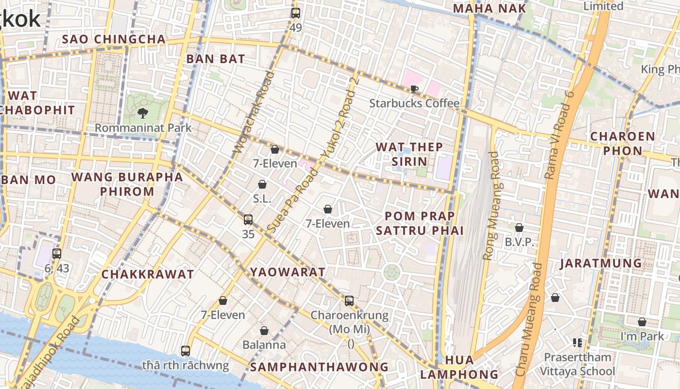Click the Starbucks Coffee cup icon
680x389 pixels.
coord(414,89)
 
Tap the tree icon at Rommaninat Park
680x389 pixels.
coord(143,114)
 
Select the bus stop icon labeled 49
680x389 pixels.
coord(296,13)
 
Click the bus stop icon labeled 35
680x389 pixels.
coord(248,220)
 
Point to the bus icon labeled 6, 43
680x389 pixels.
coord(57,253)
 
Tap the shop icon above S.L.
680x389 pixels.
coord(262,184)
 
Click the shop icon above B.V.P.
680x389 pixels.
coord(519,228)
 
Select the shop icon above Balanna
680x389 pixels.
coord(264,331)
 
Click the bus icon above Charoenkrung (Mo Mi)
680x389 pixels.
coord(349,301)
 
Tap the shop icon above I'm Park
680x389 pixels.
coord(642,322)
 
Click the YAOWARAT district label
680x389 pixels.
coord(288,272)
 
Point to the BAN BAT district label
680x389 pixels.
coord(216,59)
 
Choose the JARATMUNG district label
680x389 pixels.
coord(601,264)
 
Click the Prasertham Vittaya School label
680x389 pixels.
coord(578,364)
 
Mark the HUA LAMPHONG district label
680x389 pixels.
coord(459,367)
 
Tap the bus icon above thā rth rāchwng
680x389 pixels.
coord(186,351)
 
